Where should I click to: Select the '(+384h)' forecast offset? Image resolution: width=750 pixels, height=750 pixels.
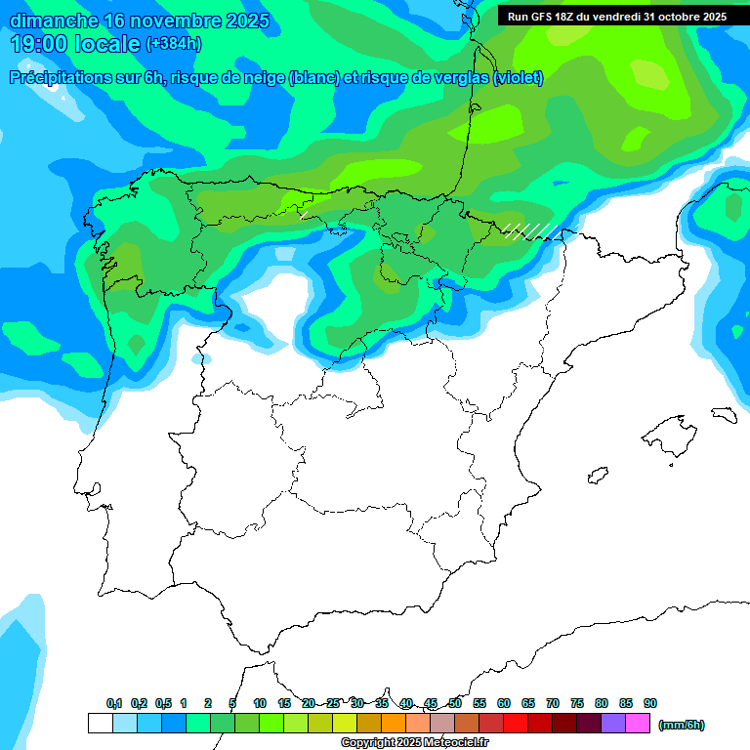pyautogui.click(x=173, y=44)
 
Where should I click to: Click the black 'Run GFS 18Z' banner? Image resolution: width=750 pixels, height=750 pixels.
pyautogui.click(x=616, y=17)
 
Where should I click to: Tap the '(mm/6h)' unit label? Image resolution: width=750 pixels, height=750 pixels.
pyautogui.click(x=681, y=725)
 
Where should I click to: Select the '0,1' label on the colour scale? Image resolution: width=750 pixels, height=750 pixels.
pyautogui.click(x=114, y=703)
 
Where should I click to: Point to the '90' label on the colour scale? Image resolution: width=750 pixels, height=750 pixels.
pyautogui.click(x=650, y=703)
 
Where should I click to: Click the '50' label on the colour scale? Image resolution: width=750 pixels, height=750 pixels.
pyautogui.click(x=455, y=703)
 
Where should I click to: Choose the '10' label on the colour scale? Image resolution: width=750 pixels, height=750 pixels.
pyautogui.click(x=260, y=703)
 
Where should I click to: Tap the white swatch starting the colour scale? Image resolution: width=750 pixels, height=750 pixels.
pyautogui.click(x=100, y=724)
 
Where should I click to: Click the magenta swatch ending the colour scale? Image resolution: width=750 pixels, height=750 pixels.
pyautogui.click(x=638, y=724)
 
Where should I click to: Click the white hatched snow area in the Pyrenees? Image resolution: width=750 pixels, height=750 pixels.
pyautogui.click(x=531, y=230)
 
